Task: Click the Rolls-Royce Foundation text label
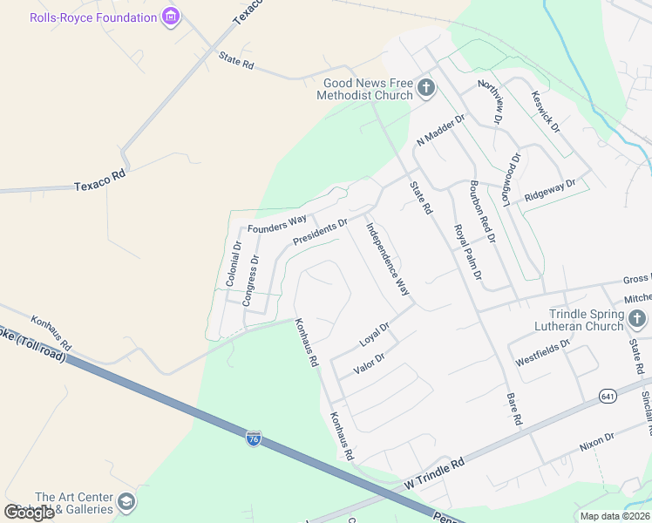(x=92, y=17)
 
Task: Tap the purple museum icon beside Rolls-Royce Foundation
(x=171, y=17)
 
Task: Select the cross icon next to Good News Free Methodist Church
(x=426, y=87)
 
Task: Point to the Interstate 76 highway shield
(x=253, y=438)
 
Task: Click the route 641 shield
(x=608, y=397)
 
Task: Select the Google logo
(x=29, y=513)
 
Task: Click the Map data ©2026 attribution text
(x=615, y=516)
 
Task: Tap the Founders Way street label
(x=276, y=223)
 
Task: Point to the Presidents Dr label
(x=320, y=231)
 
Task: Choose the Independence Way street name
(x=387, y=260)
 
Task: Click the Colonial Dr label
(x=234, y=264)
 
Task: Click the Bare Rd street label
(x=513, y=410)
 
